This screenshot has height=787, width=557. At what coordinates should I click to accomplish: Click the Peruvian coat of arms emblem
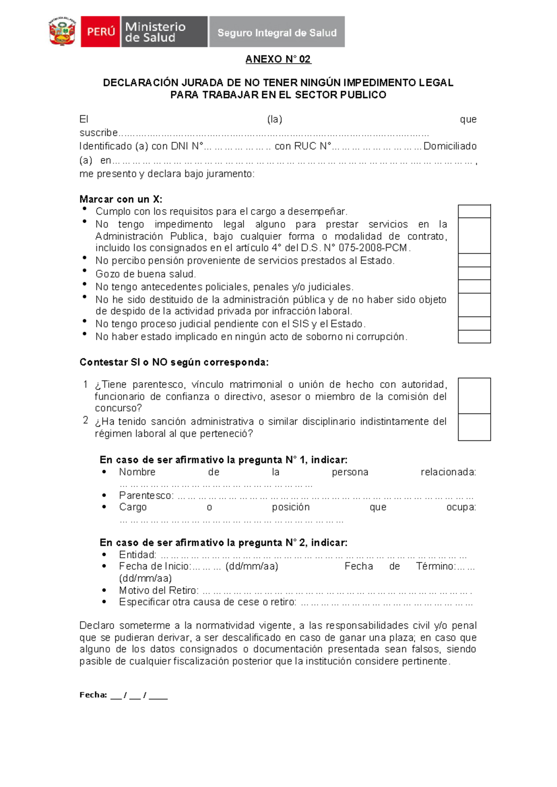[62, 32]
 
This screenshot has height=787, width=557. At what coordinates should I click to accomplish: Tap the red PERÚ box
[100, 32]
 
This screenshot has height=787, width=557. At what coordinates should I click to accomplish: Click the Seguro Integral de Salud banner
[277, 32]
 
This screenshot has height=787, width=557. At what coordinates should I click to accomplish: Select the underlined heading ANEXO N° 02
[278, 59]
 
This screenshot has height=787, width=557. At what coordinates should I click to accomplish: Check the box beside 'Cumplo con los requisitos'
[474, 211]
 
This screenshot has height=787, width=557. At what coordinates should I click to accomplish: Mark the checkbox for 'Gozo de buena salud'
[474, 273]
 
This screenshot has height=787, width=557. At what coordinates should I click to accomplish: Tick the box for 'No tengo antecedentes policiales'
[474, 286]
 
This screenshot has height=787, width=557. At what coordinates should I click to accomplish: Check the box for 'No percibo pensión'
[474, 260]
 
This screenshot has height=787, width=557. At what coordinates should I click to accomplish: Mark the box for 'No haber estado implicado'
[474, 336]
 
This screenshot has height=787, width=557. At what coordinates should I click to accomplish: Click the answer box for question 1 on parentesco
[474, 396]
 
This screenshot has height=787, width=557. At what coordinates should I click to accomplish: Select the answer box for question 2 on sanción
[474, 427]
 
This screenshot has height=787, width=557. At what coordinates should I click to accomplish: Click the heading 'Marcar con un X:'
[121, 199]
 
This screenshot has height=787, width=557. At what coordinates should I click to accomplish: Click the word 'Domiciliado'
[450, 146]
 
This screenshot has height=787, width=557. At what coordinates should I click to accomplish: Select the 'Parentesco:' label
[146, 496]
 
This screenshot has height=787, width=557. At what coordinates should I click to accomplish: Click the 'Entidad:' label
[137, 555]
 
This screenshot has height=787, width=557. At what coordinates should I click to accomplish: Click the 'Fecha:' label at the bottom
[93, 695]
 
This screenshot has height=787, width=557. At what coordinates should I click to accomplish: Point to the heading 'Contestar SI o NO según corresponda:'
[174, 362]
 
